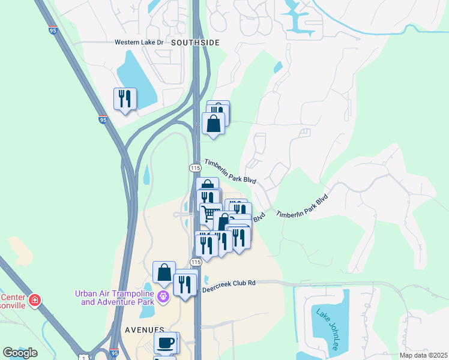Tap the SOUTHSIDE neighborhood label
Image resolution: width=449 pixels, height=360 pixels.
[195, 43]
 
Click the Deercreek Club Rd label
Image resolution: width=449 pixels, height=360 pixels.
[229, 283]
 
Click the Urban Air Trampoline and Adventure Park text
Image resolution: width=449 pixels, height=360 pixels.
[115, 298]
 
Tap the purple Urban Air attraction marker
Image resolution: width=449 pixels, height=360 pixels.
[163, 296]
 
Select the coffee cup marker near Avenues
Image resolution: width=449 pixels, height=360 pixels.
[166, 343]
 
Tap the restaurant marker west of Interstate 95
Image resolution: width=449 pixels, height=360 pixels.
[125, 98]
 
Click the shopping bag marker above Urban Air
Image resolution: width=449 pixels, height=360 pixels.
[164, 272]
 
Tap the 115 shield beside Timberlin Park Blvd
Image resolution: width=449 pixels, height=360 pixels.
[194, 167]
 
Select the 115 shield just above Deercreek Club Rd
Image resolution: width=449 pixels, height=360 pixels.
[195, 262]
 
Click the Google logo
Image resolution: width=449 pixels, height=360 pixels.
[20, 352]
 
